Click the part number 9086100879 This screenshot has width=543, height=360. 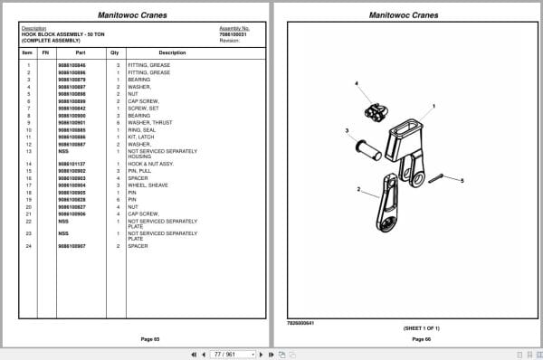(x=72, y=80)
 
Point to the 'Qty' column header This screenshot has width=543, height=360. (x=115, y=52)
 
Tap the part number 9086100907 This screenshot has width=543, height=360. (x=72, y=246)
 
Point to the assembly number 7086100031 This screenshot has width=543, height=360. (x=234, y=33)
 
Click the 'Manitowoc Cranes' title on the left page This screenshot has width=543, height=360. (x=136, y=15)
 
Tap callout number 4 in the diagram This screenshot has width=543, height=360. (x=356, y=84)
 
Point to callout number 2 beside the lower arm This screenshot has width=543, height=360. (x=359, y=190)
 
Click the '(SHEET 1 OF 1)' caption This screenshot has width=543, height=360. (x=423, y=327)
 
